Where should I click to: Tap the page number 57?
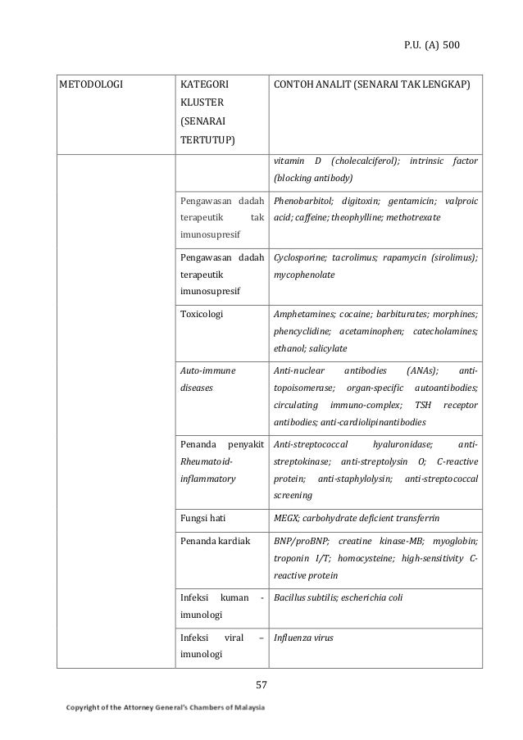(261, 685)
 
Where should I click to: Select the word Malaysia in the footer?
(244, 709)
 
